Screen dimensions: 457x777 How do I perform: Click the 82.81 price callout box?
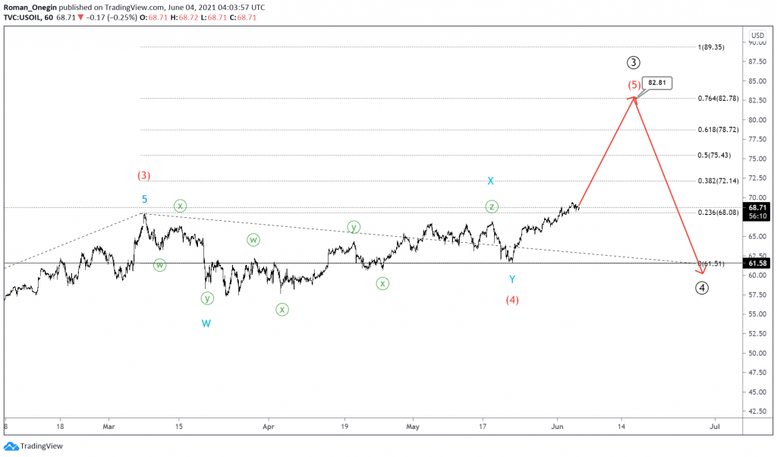pos(658,83)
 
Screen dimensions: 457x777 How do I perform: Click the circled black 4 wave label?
pos(703,288)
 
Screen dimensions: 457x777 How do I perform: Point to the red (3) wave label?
pos(143,175)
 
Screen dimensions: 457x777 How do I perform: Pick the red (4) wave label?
pos(512,299)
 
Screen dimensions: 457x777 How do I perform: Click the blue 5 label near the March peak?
pos(144,200)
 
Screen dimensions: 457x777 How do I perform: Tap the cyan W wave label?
pos(206,323)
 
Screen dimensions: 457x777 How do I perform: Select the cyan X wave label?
pos(491,181)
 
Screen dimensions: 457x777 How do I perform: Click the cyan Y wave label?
pos(512,279)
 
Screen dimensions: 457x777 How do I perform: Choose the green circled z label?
pos(492,206)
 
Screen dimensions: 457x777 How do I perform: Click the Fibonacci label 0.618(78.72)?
pos(717,130)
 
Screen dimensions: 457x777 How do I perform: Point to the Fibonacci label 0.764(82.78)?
pos(717,99)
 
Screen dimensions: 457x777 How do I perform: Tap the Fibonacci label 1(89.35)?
pos(711,47)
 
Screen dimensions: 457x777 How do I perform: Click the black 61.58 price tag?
pos(757,263)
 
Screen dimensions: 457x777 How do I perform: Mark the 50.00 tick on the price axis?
pos(757,353)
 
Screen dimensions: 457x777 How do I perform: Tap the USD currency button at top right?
pos(757,35)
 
